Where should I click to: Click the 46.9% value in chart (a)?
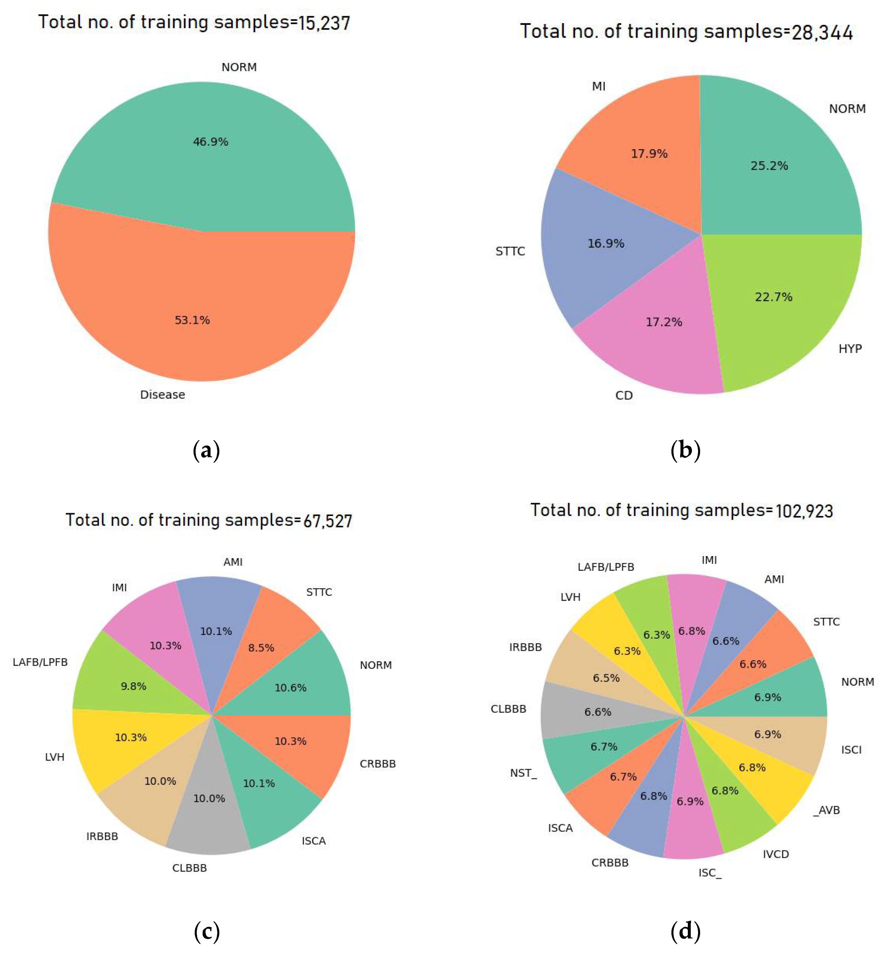coord(211,142)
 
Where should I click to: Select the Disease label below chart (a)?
coord(162,395)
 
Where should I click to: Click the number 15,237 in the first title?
coord(324,23)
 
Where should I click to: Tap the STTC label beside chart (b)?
coord(510,251)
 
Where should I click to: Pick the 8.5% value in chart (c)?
coord(261,648)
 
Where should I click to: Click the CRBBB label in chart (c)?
coord(377,764)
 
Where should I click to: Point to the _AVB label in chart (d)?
coord(826,810)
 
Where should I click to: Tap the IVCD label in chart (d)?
coord(775,854)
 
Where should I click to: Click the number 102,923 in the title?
coord(804,511)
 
